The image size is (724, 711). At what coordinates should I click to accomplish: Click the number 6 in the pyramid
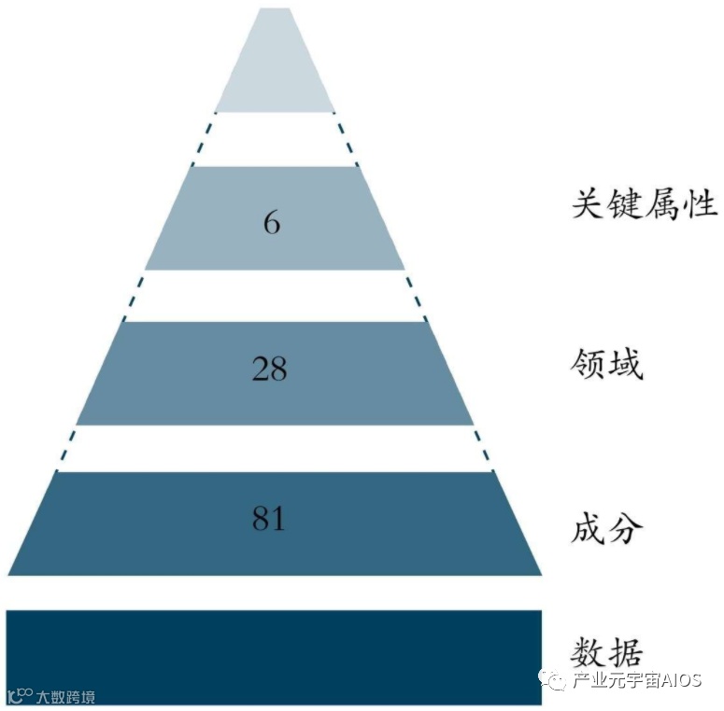[272, 224]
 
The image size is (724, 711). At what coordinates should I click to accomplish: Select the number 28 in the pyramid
[269, 370]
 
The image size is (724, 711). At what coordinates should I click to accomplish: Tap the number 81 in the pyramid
[268, 519]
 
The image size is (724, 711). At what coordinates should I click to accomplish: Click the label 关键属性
[645, 203]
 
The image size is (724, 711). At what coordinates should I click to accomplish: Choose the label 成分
[607, 528]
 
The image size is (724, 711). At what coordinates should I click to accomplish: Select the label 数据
[607, 650]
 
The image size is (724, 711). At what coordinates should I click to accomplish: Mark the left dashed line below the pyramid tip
[202, 138]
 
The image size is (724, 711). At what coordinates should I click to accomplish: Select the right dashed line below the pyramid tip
[346, 138]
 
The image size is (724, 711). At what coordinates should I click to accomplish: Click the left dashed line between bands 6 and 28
[134, 295]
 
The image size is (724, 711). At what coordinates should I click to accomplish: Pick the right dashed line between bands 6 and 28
[416, 295]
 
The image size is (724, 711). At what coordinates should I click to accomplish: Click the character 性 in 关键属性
[701, 203]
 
